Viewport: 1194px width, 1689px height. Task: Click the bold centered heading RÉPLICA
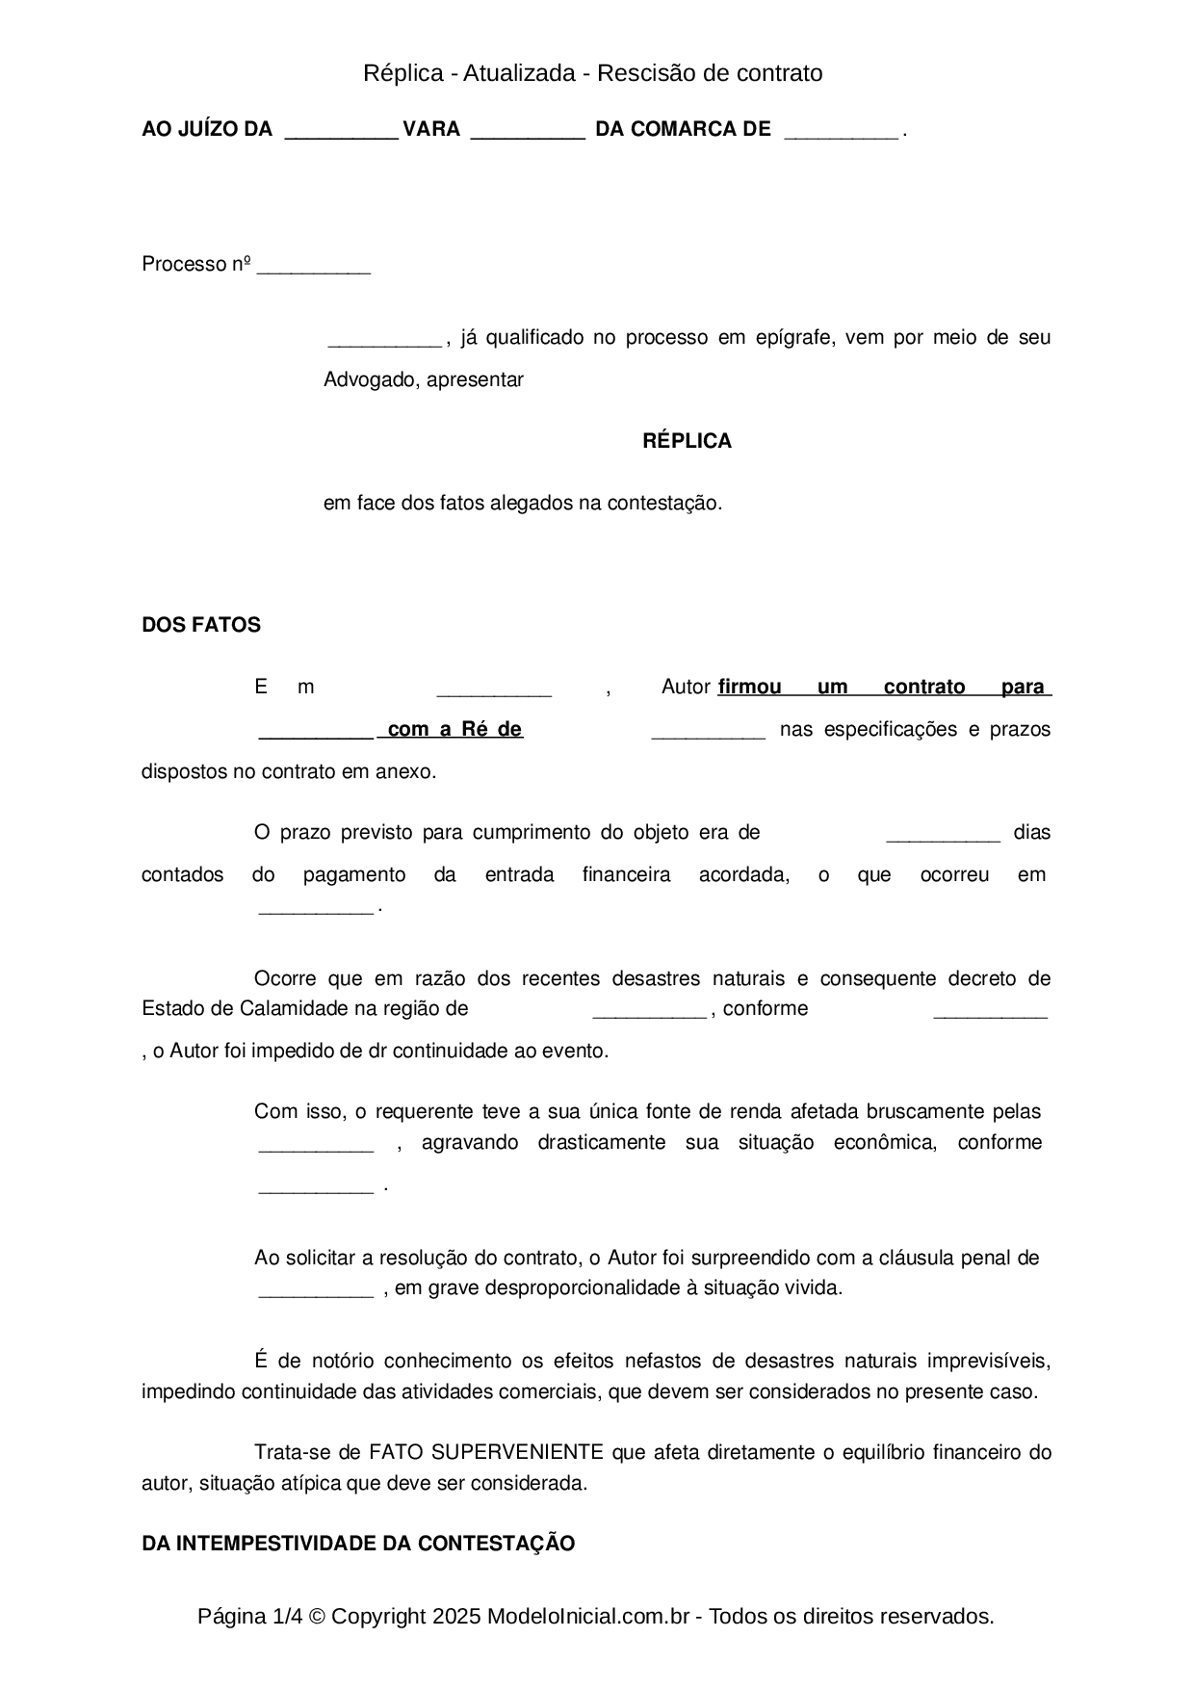click(x=687, y=441)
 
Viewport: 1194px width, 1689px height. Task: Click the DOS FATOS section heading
click(x=201, y=625)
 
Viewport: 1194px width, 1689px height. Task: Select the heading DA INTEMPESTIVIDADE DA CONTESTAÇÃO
click(x=358, y=1544)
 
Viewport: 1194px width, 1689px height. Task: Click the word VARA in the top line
click(x=431, y=129)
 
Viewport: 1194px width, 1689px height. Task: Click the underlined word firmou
click(x=750, y=687)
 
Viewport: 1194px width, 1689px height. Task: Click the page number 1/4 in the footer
click(x=289, y=1616)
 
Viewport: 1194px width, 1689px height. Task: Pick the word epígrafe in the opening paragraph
click(x=795, y=337)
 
